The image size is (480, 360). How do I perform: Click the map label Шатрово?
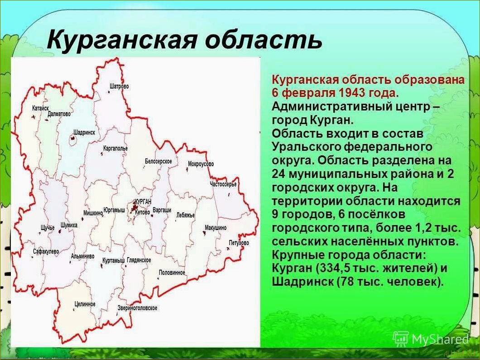coord(120,86)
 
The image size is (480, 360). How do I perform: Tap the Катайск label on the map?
coord(40,108)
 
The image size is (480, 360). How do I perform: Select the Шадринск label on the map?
coord(84,132)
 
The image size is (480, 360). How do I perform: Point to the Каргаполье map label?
coord(115,148)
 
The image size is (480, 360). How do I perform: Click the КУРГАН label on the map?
coord(143,202)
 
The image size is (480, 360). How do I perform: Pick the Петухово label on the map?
coord(239,243)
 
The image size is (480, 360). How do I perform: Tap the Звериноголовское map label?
coord(137,308)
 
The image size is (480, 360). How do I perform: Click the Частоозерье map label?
coord(223,184)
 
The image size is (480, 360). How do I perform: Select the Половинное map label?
coord(172,273)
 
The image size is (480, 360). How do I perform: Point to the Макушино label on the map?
coord(216,228)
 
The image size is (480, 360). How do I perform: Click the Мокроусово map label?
coord(201,164)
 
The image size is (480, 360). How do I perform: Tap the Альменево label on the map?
coord(82,256)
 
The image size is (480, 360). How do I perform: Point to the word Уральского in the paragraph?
coord(307,147)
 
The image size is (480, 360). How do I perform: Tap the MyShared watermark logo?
coord(431,339)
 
